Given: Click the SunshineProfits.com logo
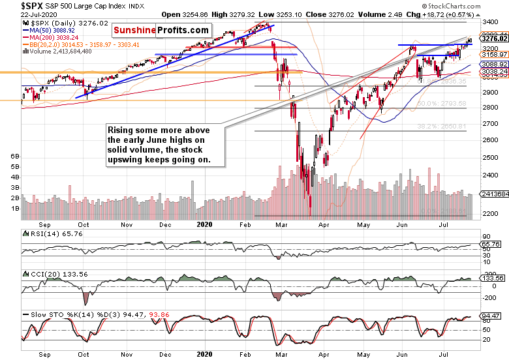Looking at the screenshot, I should tap(161, 31).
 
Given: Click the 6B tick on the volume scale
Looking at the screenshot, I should tap(14, 157).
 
